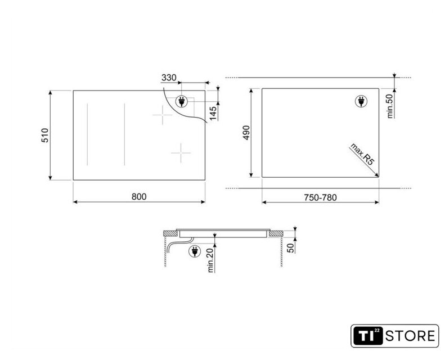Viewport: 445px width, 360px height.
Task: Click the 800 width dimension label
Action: point(139,197)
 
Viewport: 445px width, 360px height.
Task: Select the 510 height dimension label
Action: point(45,136)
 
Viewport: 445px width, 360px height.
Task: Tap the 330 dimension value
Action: point(169,78)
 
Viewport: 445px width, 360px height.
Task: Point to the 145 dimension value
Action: point(213,112)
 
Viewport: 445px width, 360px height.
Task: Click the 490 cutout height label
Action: point(246,133)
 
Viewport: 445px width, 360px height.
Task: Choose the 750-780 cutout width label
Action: point(320,197)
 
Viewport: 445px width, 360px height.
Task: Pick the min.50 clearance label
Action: point(390,106)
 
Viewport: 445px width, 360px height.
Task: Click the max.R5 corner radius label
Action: point(362,154)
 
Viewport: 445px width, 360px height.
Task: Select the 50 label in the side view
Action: point(291,248)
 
